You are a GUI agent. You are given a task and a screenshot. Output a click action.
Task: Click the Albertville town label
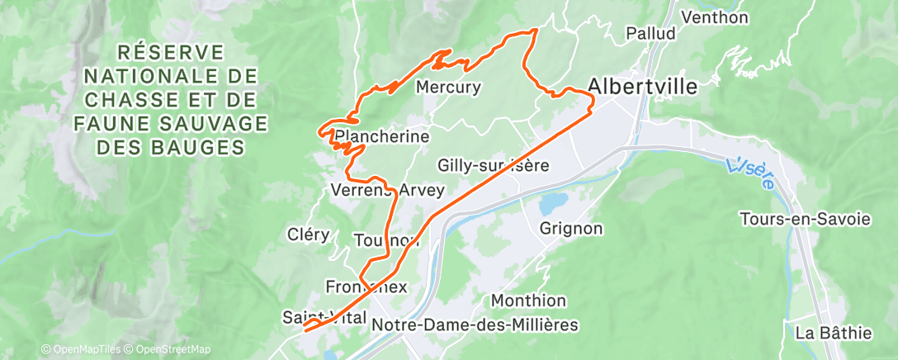pos(642,87)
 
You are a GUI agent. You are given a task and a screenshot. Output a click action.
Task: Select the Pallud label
pos(650,34)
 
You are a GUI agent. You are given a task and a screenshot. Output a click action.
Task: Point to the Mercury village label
pos(448,87)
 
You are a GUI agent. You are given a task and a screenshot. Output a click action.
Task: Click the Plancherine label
pos(382,135)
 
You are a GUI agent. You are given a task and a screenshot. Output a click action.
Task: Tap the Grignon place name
pos(571,228)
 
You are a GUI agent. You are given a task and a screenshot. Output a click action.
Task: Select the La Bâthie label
pos(833,333)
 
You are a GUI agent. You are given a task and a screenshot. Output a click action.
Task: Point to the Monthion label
pos(529,301)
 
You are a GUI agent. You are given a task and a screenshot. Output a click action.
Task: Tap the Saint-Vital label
pos(324,317)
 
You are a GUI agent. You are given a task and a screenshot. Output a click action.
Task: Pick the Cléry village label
pos(309,234)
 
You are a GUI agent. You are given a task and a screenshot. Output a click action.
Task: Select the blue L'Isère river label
pos(751,171)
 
